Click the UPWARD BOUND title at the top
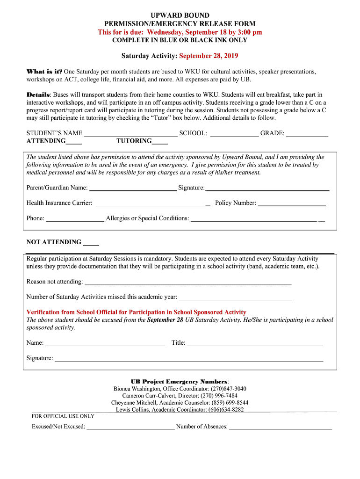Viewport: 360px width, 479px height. coord(180,15)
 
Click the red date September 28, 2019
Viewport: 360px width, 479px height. coord(209,56)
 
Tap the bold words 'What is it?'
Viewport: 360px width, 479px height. coord(44,72)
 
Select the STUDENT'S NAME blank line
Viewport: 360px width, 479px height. coord(130,134)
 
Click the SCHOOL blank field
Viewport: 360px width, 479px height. coord(234,134)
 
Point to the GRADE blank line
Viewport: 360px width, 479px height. coord(307,134)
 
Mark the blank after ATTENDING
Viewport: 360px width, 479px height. coord(74,142)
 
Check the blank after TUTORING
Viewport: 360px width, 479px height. coord(160,142)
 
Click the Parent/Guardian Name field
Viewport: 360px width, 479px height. coord(133,189)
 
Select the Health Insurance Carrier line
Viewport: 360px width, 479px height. coord(152,204)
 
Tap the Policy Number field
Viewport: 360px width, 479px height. coord(292,204)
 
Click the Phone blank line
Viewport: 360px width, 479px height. coord(75,219)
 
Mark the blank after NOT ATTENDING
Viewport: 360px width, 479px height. coord(91,243)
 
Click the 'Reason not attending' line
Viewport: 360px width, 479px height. coord(187,283)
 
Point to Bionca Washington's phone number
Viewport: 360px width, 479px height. coord(228,389)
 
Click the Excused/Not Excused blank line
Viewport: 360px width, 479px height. coord(130,428)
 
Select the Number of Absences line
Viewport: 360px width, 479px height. coord(280,428)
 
